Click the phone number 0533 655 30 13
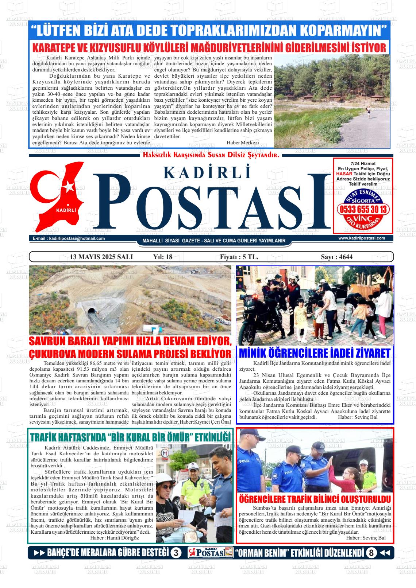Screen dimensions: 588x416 click(363, 210)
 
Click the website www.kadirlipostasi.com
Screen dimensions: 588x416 click(362, 238)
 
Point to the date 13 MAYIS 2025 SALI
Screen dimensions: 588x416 click(101, 257)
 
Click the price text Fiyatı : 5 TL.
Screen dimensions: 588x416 click(239, 257)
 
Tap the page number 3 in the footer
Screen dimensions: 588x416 click(176, 553)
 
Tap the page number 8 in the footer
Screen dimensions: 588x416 click(371, 553)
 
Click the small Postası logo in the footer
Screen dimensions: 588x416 click(211, 553)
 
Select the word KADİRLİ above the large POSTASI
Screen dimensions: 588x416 click(208, 172)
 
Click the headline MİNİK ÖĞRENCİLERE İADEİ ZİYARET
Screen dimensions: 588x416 click(315, 353)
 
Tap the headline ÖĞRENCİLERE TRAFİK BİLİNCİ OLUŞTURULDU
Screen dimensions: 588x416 click(315, 499)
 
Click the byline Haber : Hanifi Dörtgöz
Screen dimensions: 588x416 click(115, 538)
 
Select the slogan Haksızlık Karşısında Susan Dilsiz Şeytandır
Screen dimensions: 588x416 click(211, 155)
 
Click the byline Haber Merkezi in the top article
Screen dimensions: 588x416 click(242, 143)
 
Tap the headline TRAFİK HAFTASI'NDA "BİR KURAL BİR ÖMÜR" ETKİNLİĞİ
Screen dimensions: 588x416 click(130, 437)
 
